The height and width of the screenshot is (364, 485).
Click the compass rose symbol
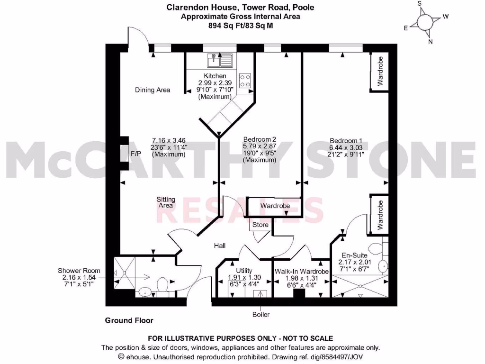(424, 22)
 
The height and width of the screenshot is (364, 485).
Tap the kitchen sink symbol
(220, 60)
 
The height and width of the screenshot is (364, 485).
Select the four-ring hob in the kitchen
(245, 80)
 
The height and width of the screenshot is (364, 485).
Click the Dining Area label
(153, 90)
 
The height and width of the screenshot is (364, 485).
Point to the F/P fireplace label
(136, 154)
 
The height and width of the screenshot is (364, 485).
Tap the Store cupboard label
(260, 225)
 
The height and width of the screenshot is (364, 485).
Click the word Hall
(219, 246)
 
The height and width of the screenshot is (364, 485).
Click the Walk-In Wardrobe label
(302, 272)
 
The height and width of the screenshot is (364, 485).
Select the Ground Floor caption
(129, 320)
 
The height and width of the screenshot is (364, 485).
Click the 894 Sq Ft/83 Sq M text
(241, 26)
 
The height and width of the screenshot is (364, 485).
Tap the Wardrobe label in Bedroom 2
(275, 206)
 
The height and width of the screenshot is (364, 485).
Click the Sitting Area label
(166, 202)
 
